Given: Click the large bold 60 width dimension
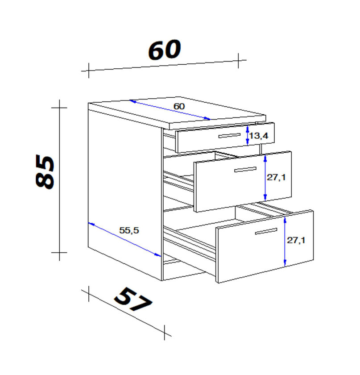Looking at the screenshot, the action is pyautogui.click(x=165, y=50).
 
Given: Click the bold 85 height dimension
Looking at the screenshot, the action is pyautogui.click(x=45, y=172).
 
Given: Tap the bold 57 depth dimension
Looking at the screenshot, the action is pyautogui.click(x=133, y=300).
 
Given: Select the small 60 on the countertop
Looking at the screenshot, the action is pyautogui.click(x=179, y=106).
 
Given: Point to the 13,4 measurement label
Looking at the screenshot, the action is pyautogui.click(x=259, y=136).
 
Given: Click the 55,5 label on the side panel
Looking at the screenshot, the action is pyautogui.click(x=129, y=230).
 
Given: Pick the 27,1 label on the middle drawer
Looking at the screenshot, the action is pyautogui.click(x=276, y=177).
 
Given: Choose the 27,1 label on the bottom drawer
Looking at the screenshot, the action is pyautogui.click(x=296, y=240).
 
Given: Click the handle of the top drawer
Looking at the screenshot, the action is pyautogui.click(x=229, y=135).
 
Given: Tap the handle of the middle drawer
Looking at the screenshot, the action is pyautogui.click(x=245, y=169).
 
